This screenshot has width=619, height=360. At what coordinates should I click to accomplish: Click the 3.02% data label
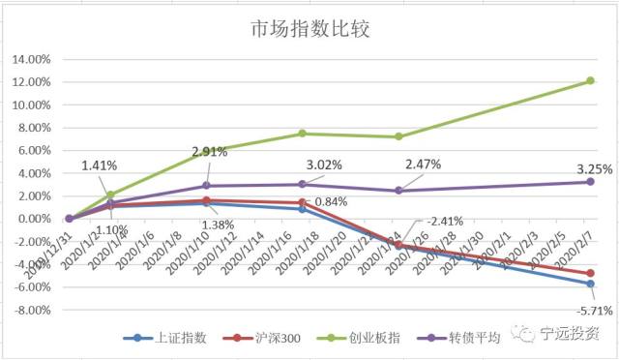tap(324, 165)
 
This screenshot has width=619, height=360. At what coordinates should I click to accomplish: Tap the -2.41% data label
tap(445, 221)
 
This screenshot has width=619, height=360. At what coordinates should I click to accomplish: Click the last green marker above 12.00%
tap(590, 80)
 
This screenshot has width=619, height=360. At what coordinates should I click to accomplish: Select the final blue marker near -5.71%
tap(590, 284)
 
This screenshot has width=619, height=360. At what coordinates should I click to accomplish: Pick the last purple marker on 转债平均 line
tap(590, 182)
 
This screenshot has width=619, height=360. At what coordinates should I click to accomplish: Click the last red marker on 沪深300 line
tap(590, 273)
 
